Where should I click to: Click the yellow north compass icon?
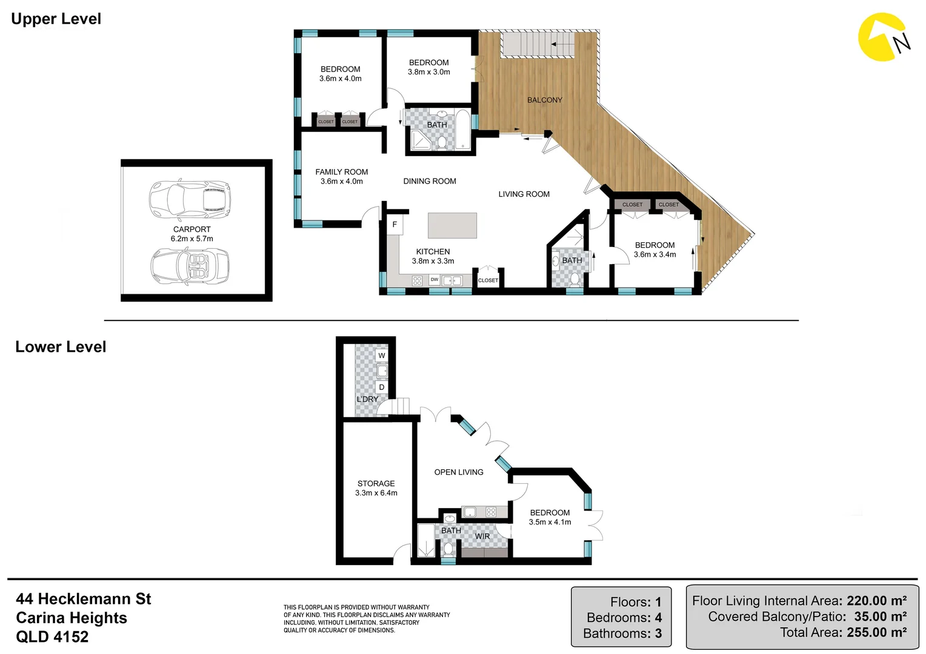click(883, 38)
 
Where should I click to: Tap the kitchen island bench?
click(452, 225)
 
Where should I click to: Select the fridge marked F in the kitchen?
click(395, 225)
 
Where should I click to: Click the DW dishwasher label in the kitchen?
click(435, 280)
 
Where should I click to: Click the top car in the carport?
click(190, 197)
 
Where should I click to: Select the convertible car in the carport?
click(190, 266)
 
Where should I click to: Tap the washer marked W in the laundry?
click(381, 356)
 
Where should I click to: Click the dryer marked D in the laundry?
click(381, 387)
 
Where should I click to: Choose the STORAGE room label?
click(376, 483)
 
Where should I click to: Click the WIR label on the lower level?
click(482, 537)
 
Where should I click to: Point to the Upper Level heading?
click(56, 19)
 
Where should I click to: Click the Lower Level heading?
click(61, 347)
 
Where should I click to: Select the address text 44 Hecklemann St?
click(84, 599)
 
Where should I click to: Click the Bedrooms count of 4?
click(658, 618)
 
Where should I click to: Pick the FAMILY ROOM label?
click(341, 172)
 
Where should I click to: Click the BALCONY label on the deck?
click(544, 100)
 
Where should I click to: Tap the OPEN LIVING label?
click(459, 472)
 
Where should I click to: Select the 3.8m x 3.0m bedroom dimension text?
click(428, 72)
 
